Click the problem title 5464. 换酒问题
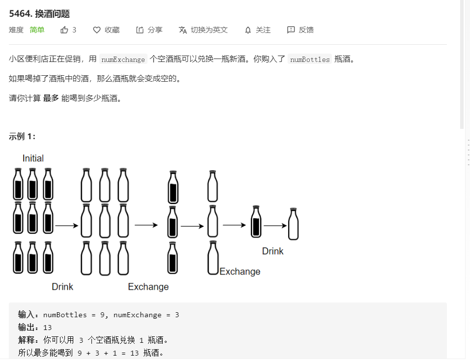[39, 14]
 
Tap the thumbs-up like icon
[64, 30]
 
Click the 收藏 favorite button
[107, 30]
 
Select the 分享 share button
[149, 30]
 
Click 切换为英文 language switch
[204, 30]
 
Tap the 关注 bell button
[258, 30]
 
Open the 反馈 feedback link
[300, 30]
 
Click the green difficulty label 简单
[37, 30]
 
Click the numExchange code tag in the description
[123, 60]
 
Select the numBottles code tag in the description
[310, 60]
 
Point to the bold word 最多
[51, 98]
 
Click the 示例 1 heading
[22, 136]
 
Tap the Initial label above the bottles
[33, 158]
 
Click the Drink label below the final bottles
[272, 251]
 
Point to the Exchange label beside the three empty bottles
[240, 271]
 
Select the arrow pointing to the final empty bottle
[275, 226]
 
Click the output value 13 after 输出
[48, 328]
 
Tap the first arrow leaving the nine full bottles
[67, 226]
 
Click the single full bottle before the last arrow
[256, 221]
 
